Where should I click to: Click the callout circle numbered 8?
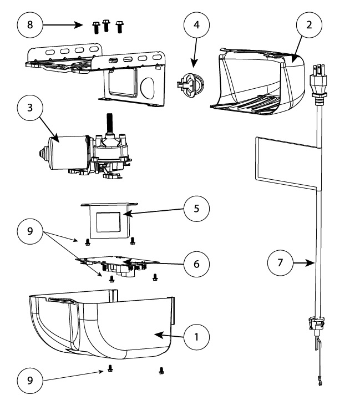point(31,26)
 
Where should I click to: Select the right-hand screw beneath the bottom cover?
point(161,370)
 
